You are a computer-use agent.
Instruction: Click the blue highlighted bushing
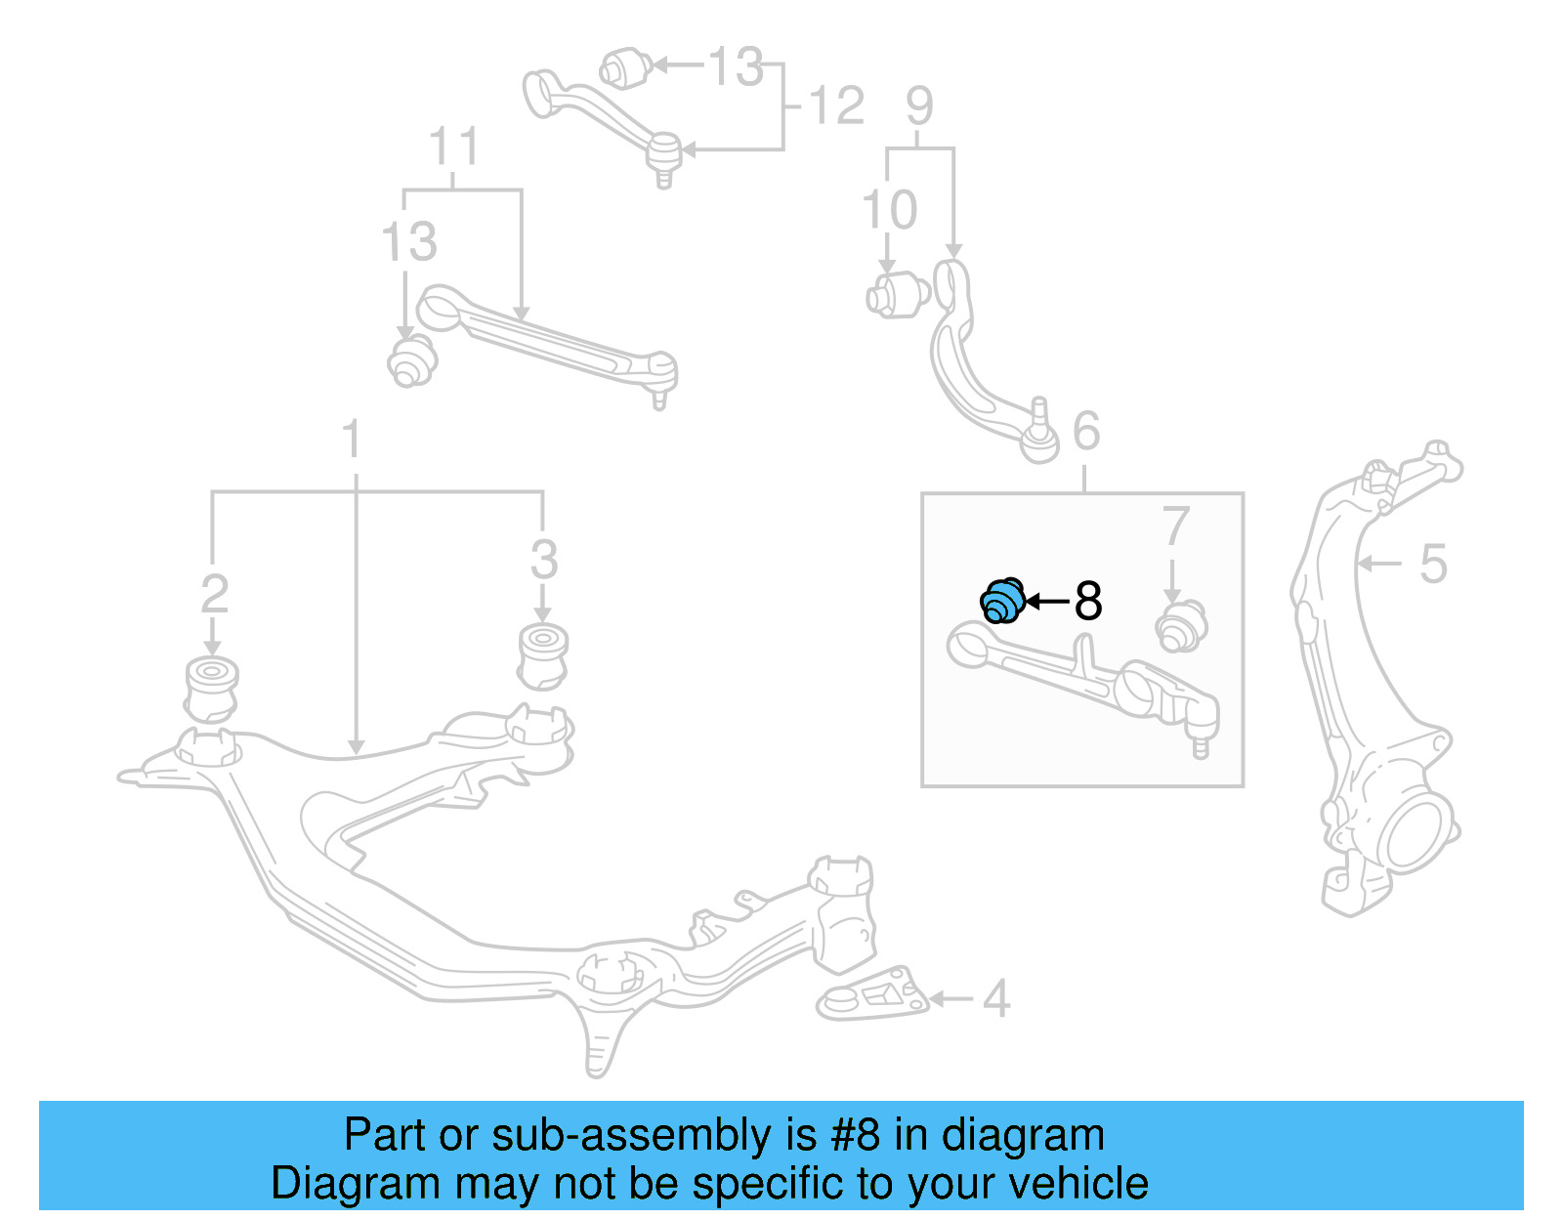[x=1002, y=601]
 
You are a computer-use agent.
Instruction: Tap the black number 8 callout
[x=1087, y=601]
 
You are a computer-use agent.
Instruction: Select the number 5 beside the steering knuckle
[x=1432, y=564]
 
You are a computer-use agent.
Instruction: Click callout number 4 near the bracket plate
[x=995, y=998]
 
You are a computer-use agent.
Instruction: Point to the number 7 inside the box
[x=1175, y=527]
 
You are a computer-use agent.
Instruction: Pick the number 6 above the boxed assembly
[x=1086, y=431]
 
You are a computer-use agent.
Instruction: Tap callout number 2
[x=214, y=595]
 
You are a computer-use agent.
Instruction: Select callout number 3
[x=544, y=561]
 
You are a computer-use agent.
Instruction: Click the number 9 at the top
[x=919, y=105]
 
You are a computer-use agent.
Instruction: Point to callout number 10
[x=889, y=210]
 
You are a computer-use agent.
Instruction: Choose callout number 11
[x=453, y=147]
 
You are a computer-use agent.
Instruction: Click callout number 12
[x=837, y=105]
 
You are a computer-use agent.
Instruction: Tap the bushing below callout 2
[x=212, y=689]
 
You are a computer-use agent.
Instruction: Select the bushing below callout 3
[x=543, y=655]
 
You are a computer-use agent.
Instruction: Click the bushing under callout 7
[x=1180, y=626]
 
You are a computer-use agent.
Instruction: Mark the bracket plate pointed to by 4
[x=871, y=996]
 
